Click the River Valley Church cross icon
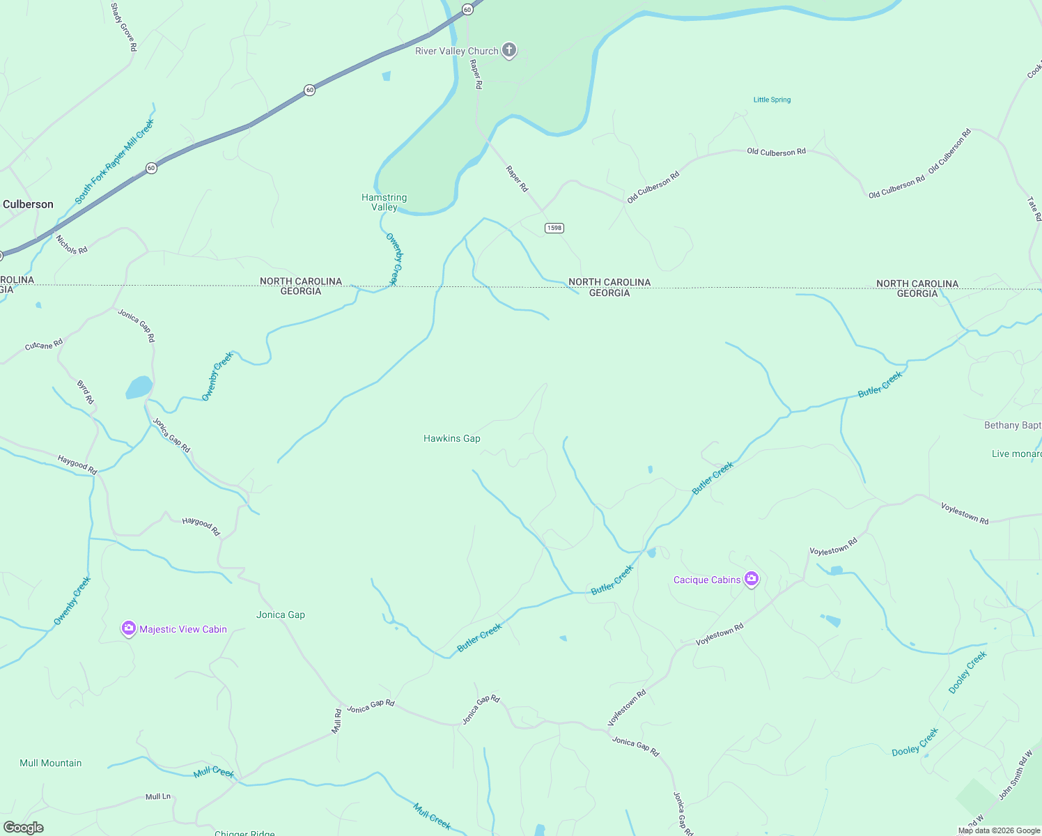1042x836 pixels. coord(509,50)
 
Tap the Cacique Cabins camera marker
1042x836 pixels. coord(751,579)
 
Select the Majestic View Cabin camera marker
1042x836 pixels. coord(129,628)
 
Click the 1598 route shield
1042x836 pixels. coord(554,228)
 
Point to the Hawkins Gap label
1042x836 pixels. coord(452,438)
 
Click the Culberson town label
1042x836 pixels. coord(28,204)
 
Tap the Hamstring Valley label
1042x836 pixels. coord(384,202)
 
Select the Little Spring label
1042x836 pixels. coord(772,100)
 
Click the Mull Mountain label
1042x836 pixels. coord(51,763)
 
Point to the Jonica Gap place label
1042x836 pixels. coord(281,614)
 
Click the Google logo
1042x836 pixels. coord(24,828)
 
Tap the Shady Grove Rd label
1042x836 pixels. coord(124,26)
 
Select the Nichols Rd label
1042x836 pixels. coord(72,245)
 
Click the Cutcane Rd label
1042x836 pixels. coord(44,345)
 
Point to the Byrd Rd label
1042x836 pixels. coord(85,392)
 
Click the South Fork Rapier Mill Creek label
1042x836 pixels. coord(115,161)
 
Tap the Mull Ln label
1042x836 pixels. coord(158,796)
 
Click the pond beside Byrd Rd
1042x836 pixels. coord(139,387)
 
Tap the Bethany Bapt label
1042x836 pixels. coord(1012,425)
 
